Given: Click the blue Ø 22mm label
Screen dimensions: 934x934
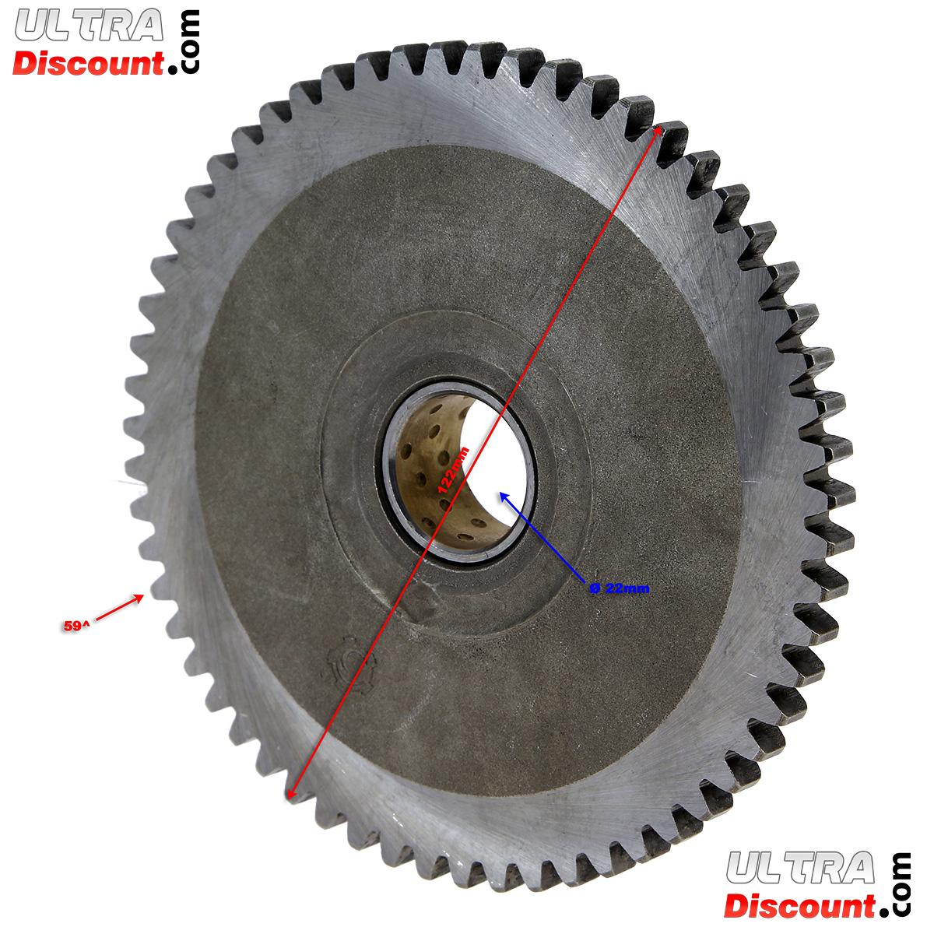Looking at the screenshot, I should tap(620, 588).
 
